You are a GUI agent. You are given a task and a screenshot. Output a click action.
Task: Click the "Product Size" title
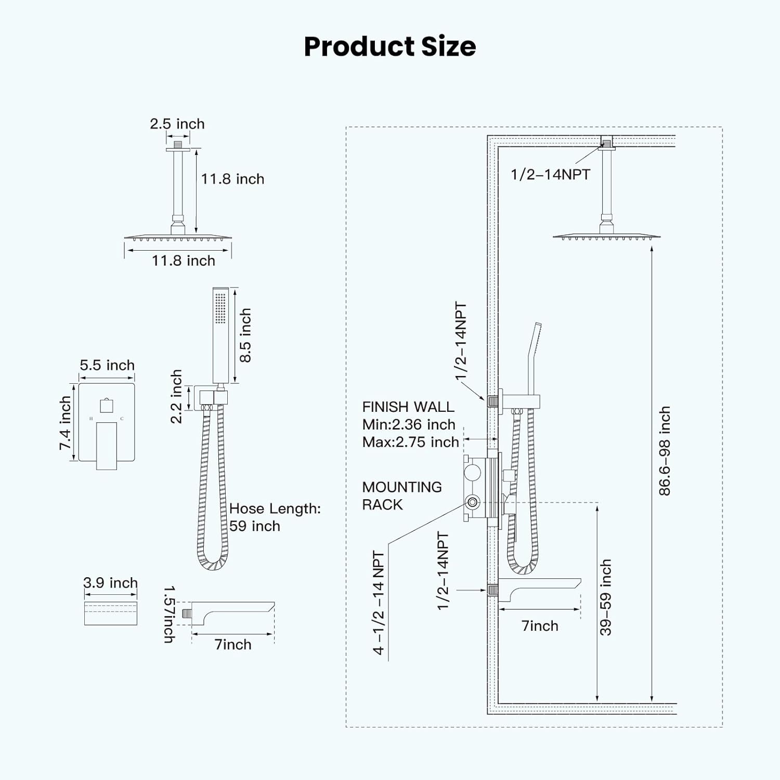(389, 46)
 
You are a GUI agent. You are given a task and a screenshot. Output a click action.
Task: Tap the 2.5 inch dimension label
(177, 124)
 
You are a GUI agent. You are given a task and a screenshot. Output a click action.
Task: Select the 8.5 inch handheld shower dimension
(245, 335)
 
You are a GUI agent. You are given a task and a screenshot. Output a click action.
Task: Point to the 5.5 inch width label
(107, 365)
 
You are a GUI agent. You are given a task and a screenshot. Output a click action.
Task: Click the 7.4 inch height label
(65, 423)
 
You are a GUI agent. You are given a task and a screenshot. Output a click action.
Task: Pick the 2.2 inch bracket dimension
(177, 396)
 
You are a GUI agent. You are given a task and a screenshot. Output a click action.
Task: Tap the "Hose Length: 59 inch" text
(275, 517)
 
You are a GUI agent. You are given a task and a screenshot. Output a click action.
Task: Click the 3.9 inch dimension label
(110, 583)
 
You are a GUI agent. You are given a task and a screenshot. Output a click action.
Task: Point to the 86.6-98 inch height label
(665, 451)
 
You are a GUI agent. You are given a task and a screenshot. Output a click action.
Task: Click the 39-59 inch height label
(606, 597)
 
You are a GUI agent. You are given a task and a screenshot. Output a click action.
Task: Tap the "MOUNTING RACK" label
(401, 496)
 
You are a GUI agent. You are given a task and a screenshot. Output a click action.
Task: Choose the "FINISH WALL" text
(408, 407)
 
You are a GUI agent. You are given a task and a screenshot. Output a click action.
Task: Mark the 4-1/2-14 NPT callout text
(379, 603)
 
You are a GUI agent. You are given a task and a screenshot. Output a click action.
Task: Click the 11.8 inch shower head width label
(183, 261)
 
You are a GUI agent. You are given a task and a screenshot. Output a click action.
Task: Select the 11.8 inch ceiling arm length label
(232, 179)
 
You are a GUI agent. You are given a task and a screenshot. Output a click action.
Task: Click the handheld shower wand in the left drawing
(220, 335)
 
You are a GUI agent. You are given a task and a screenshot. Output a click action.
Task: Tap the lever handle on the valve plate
(107, 445)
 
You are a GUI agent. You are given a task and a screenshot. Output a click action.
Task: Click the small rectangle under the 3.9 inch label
(111, 614)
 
